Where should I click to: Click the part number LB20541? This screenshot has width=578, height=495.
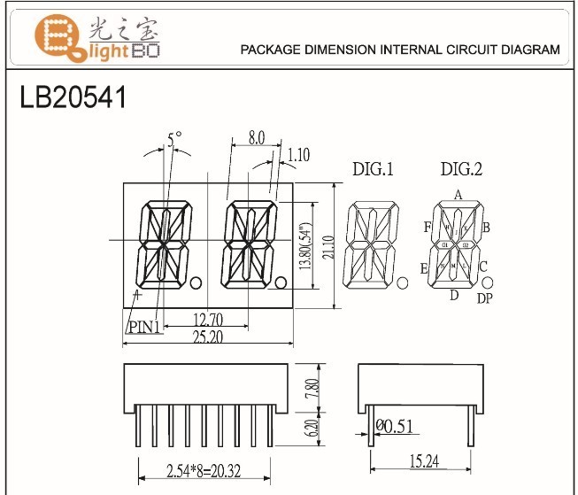click(73, 97)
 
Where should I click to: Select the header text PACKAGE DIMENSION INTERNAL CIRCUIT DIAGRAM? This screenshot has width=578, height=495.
click(400, 50)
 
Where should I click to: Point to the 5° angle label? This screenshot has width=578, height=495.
click(173, 138)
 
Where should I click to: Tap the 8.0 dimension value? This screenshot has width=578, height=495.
click(256, 138)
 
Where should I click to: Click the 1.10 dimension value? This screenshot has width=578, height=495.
click(298, 157)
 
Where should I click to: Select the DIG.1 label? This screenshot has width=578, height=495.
click(373, 169)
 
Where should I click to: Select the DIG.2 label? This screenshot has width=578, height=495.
click(460, 169)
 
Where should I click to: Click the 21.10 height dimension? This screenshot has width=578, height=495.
click(327, 245)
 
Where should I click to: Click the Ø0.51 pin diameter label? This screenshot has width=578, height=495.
click(396, 427)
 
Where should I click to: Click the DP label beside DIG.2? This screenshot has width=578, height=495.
click(484, 299)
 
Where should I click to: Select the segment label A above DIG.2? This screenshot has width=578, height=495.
click(458, 195)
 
